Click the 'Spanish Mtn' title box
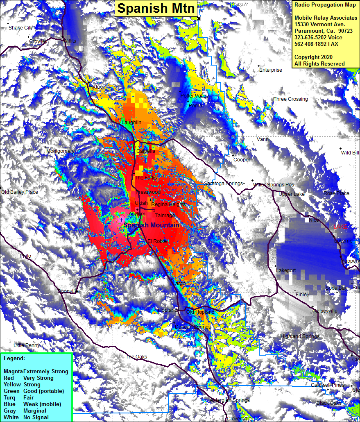(x=156, y=8)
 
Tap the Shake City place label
(x=20, y=28)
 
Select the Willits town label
(x=69, y=41)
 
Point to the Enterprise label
(x=271, y=70)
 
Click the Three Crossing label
(x=290, y=99)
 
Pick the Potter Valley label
(x=195, y=96)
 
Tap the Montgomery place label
(x=60, y=151)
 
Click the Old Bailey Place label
(x=19, y=192)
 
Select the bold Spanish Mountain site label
(x=151, y=225)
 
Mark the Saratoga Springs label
(x=223, y=184)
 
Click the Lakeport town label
(x=286, y=270)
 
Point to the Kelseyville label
(x=325, y=311)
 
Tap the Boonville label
(x=68, y=291)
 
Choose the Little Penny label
(x=27, y=345)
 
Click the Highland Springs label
(x=300, y=336)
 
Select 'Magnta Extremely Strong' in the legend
(x=36, y=372)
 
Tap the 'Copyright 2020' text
(x=313, y=57)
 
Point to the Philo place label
(x=25, y=256)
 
